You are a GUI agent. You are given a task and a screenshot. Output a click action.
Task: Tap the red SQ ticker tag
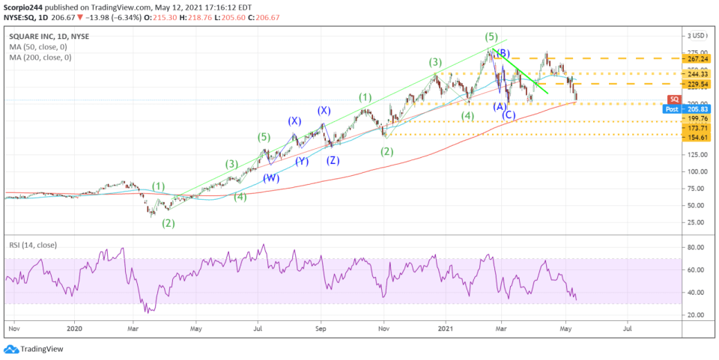(674, 99)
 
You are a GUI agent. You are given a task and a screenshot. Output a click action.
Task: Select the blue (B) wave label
(503, 53)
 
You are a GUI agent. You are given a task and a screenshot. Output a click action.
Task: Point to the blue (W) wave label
(270, 179)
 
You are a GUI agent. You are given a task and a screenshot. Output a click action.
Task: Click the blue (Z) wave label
(333, 160)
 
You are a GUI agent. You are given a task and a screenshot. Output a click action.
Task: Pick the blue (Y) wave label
(301, 160)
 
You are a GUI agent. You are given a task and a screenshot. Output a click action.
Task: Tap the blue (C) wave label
(509, 115)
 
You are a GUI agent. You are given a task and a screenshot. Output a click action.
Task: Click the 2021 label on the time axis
(446, 327)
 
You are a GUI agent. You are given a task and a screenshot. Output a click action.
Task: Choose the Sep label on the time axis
(321, 327)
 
